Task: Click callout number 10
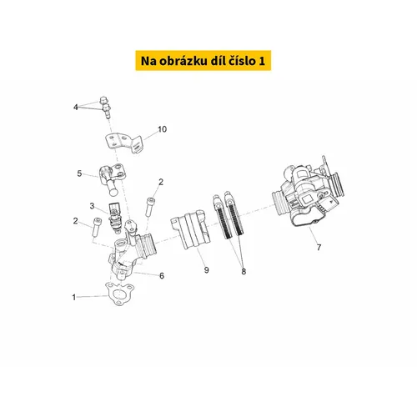tap(162, 129)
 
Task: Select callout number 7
tap(319, 247)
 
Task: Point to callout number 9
tap(206, 270)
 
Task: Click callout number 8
tap(244, 271)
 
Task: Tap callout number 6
tap(162, 276)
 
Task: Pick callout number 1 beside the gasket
tap(74, 297)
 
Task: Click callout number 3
tap(92, 206)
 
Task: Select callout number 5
tap(79, 173)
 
